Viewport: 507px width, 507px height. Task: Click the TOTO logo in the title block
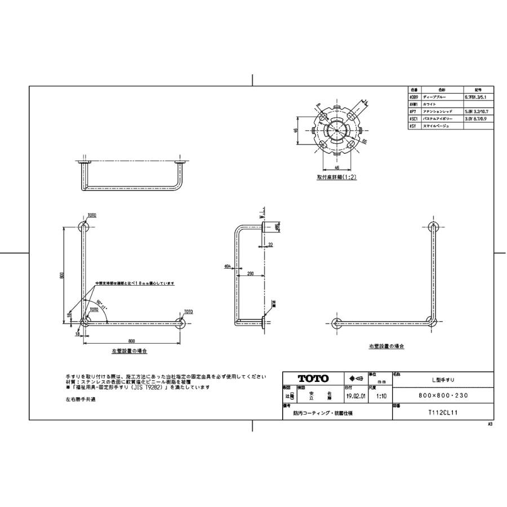pos(312,379)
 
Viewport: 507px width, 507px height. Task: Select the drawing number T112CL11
pos(442,412)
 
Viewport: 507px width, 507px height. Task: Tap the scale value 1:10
pos(381,396)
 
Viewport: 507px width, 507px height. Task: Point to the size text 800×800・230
pos(442,396)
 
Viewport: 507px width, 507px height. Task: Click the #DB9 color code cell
pos(413,97)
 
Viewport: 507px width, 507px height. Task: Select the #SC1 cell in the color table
pos(413,119)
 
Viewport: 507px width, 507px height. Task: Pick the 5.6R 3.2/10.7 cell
pos(479,112)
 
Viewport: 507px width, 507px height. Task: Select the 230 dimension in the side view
pos(250,273)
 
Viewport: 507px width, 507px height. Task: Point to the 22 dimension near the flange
pos(270,244)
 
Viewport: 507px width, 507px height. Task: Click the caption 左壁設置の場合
pos(130,350)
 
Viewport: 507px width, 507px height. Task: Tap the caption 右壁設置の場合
pos(386,346)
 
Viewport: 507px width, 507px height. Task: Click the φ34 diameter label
pos(228,265)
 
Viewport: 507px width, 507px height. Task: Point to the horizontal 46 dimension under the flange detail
pos(337,167)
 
